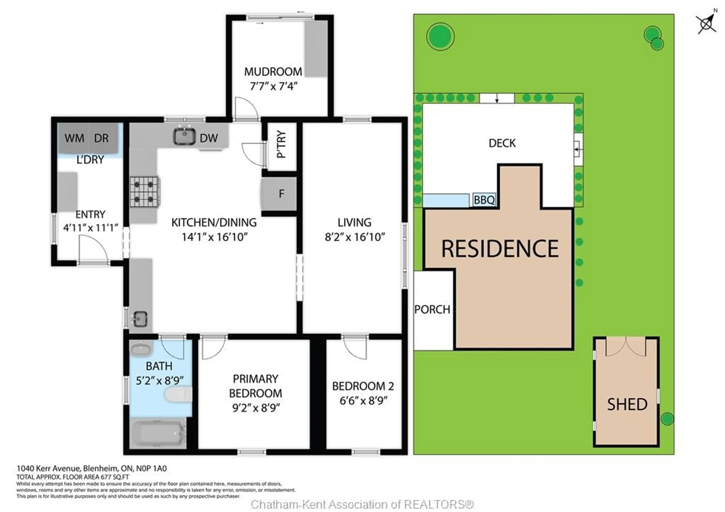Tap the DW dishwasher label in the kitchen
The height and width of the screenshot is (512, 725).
coord(209,138)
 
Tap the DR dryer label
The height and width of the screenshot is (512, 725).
coord(101,138)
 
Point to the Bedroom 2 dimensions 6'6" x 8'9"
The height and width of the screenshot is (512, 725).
coord(363,401)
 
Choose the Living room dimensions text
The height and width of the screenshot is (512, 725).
coord(355,237)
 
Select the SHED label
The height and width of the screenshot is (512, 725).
coord(627,405)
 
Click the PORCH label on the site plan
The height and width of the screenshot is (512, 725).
coord(432,310)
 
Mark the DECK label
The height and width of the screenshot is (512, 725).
coord(502,143)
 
